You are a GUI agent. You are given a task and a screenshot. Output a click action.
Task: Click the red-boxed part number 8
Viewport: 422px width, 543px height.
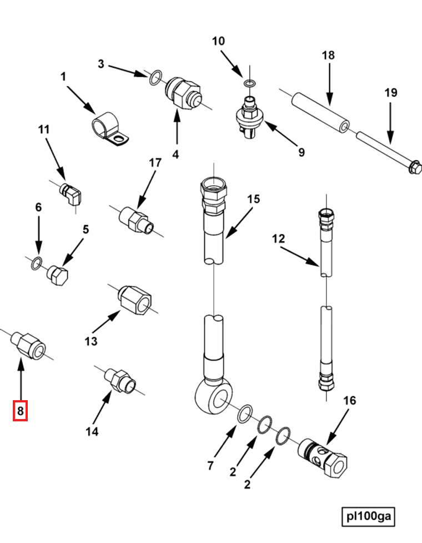pyautogui.click(x=21, y=411)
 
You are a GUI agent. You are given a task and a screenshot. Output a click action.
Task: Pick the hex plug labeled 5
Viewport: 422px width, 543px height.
pyautogui.click(x=57, y=274)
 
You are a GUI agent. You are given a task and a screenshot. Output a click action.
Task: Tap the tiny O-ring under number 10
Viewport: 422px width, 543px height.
pyautogui.click(x=249, y=83)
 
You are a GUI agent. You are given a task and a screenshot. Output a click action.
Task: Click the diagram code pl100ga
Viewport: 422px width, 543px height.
pyautogui.click(x=368, y=516)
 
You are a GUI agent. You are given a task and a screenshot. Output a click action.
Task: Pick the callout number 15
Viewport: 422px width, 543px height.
pyautogui.click(x=253, y=199)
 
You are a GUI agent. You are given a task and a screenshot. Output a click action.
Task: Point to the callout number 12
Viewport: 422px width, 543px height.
pyautogui.click(x=278, y=239)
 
